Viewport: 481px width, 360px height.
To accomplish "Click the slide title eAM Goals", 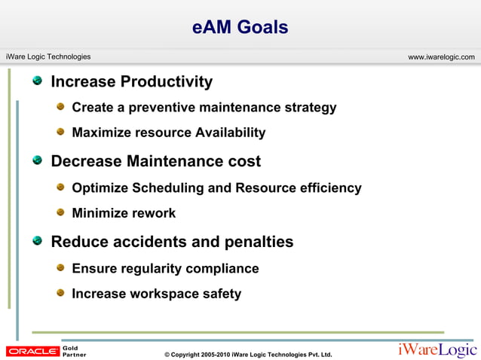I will pyautogui.click(x=240, y=28).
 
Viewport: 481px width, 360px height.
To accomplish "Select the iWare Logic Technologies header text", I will pyautogui.click(x=48, y=57).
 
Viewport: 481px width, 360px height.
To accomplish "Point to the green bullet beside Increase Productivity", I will pyautogui.click(x=38, y=81).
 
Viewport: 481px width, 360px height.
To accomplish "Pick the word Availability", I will pyautogui.click(x=230, y=133).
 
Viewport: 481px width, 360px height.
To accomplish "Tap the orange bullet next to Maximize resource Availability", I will pyautogui.click(x=61, y=132).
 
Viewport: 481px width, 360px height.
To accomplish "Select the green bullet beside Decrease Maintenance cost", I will pyautogui.click(x=38, y=160).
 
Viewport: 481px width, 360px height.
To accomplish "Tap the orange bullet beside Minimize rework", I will pyautogui.click(x=61, y=212).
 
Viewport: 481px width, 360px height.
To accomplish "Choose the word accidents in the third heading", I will pyautogui.click(x=149, y=243).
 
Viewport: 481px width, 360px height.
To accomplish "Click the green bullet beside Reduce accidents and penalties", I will pyautogui.click(x=38, y=241).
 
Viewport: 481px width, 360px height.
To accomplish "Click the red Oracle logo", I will pyautogui.click(x=32, y=351).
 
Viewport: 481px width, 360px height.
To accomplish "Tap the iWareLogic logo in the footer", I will pyautogui.click(x=437, y=350).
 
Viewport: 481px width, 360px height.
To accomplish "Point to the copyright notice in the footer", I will pyautogui.click(x=247, y=354).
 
